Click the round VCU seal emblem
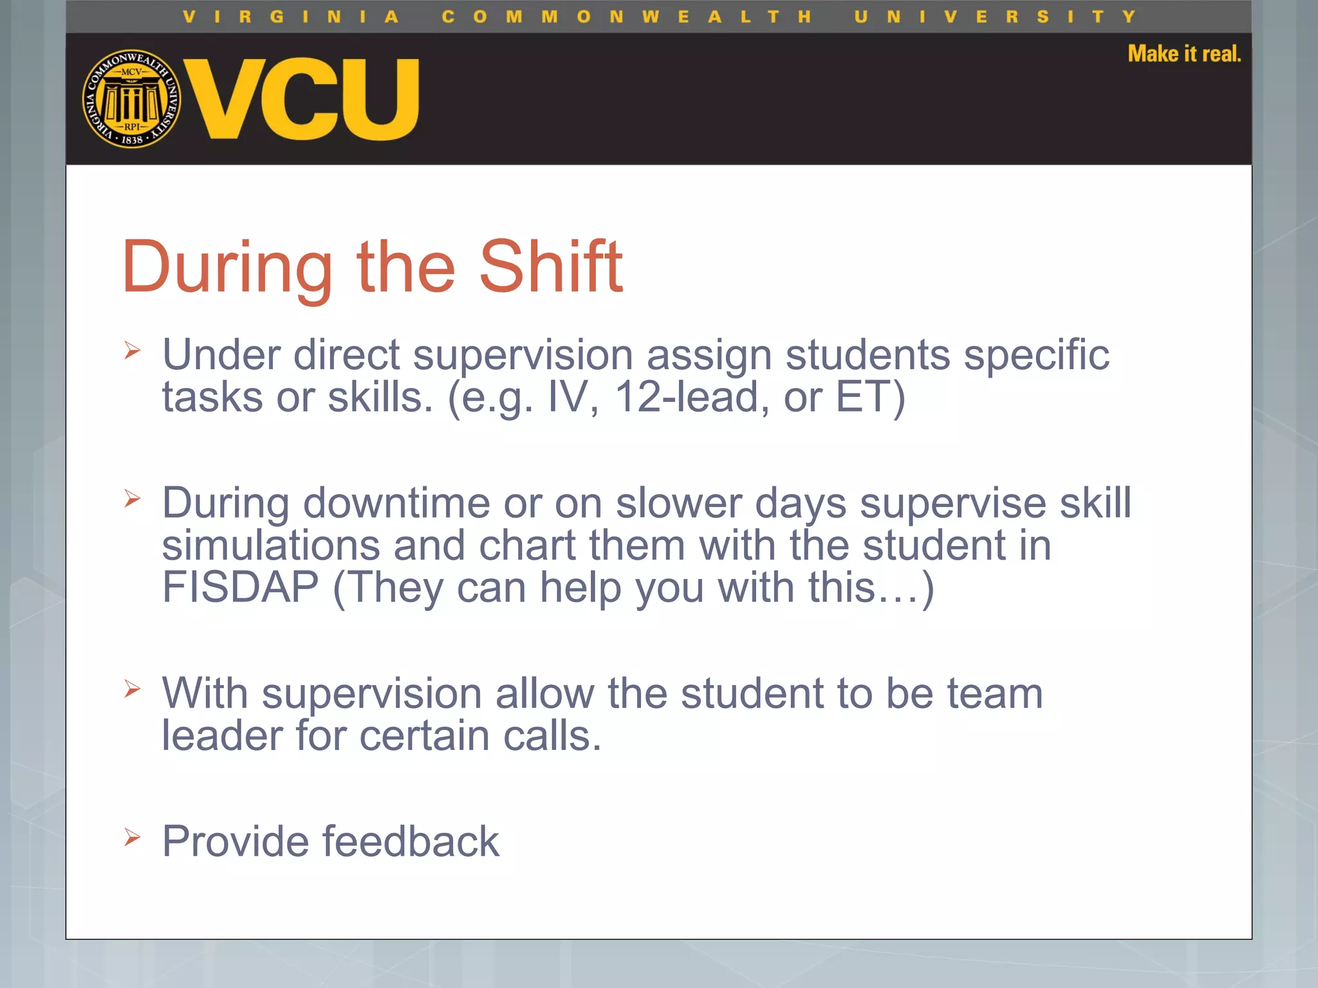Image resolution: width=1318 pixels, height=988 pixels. [x=131, y=99]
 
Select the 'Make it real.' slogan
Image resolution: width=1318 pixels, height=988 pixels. [x=1183, y=54]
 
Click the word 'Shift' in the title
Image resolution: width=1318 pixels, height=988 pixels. [x=551, y=266]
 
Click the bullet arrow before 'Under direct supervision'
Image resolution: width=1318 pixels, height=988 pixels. [x=133, y=351]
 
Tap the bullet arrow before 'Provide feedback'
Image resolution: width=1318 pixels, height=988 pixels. [x=133, y=837]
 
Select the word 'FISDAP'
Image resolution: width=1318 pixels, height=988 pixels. [x=240, y=587]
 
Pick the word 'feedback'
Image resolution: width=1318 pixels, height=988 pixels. [x=411, y=841]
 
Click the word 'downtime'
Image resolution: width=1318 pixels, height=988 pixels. [x=396, y=502]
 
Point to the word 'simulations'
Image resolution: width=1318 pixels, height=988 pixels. [x=270, y=545]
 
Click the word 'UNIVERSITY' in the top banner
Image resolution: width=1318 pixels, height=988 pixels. [x=995, y=17]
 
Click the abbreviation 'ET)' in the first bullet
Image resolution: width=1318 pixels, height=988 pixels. [x=870, y=397]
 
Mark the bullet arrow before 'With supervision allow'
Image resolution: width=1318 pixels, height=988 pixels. [x=133, y=689]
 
